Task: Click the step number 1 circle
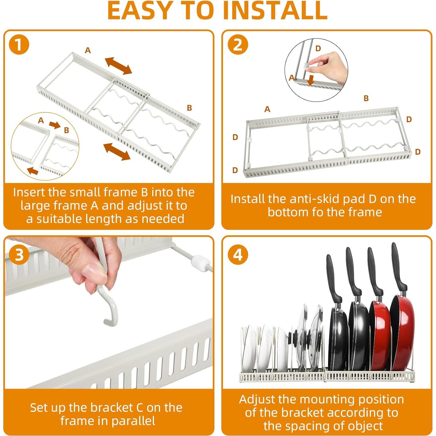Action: click(x=19, y=45)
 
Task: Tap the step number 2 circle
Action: click(x=238, y=45)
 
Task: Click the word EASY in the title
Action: click(x=140, y=10)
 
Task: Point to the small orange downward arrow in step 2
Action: click(x=311, y=80)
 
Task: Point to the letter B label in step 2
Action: click(x=366, y=98)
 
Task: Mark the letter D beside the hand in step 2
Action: click(x=318, y=48)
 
